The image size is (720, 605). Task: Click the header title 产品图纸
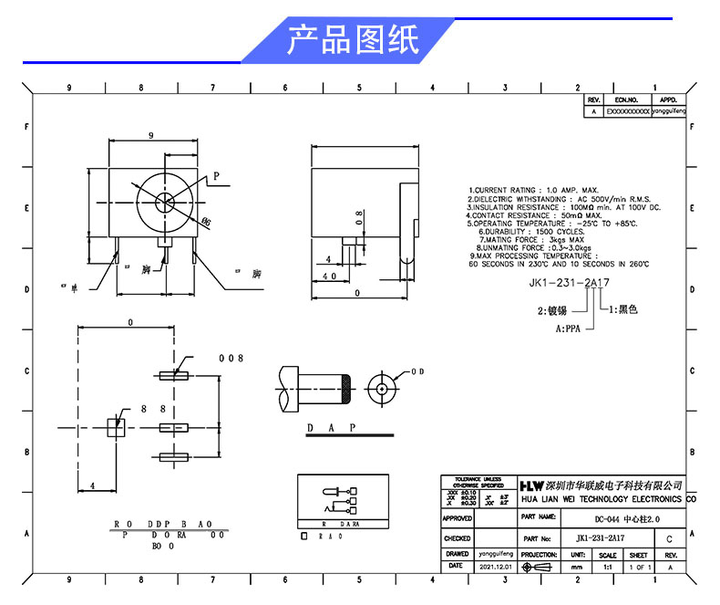(x=353, y=41)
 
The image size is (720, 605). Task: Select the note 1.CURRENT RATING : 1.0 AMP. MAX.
(x=533, y=191)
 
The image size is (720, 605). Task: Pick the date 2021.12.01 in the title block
(x=496, y=567)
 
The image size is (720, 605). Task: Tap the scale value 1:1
(x=607, y=567)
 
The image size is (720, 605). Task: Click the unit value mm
(x=577, y=567)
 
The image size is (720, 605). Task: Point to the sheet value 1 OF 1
(x=640, y=567)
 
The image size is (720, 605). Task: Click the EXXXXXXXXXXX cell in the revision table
(x=627, y=111)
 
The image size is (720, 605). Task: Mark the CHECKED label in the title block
(x=457, y=539)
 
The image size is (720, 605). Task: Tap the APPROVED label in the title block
(x=457, y=518)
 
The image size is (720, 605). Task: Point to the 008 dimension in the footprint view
(x=231, y=359)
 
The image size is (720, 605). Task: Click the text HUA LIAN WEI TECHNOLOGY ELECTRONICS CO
(x=607, y=500)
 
